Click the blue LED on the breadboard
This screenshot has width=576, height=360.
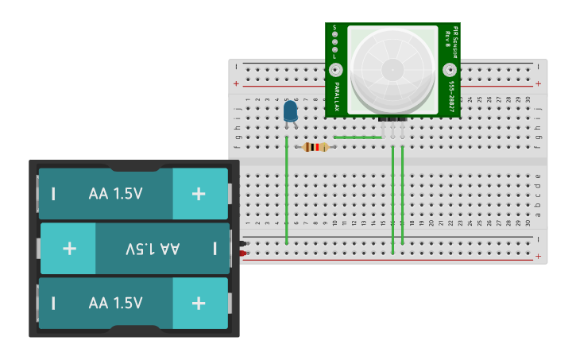pos(291,111)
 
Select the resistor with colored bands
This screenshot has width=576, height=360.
pos(316,147)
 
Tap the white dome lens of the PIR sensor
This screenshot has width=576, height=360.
pos(392,68)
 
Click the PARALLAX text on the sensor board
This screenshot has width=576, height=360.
pos(337,96)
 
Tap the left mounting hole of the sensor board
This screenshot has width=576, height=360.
pos(335,70)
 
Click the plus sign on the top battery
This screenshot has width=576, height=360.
pos(199,193)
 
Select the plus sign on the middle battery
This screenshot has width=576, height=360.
pos(69,248)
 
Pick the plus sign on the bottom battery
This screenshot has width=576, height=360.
pos(199,303)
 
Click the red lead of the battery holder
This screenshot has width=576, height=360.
pos(243,254)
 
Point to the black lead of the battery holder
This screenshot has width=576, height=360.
pos(243,243)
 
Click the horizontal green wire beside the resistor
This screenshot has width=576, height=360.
pos(358,137)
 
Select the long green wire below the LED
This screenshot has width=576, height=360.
pos(287,191)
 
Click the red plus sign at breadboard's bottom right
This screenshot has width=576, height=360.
pos(539,257)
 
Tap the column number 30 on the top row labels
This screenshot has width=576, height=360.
pos(528,99)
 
